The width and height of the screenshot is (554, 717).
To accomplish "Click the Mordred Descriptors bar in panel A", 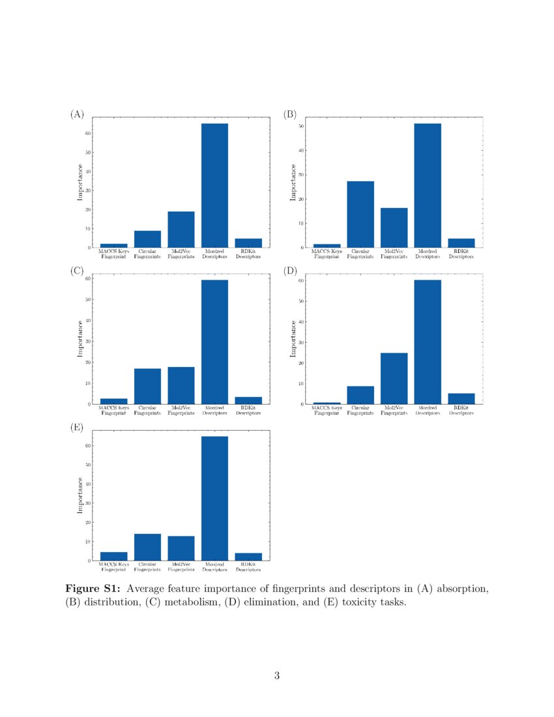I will pos(214,185).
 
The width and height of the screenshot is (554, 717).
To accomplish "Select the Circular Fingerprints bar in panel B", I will pos(360,214).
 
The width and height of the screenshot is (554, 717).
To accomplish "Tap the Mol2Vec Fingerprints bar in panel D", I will pos(394,378).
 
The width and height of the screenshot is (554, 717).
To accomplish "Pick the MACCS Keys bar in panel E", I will pos(114,556).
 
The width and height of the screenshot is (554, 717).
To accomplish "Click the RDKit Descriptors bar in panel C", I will pos(248,400).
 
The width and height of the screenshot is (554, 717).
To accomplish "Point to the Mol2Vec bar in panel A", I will pos(181,229).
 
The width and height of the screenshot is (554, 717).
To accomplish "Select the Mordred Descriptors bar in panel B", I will pos(428,185).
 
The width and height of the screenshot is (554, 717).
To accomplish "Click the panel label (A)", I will pos(77,114).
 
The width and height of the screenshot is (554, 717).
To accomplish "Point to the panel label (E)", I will pos(77,428).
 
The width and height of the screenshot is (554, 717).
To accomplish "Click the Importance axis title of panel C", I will pos(80,339).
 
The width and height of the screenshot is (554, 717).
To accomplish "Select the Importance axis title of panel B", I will pos(293,183).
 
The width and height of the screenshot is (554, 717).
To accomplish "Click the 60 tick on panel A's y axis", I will pos(87,134).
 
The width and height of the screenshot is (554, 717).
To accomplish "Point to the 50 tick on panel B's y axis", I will pos(300,126).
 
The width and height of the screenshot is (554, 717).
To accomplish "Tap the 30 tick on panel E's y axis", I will pos(87,503).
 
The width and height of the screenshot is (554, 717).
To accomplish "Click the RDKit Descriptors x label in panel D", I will pos(461,410).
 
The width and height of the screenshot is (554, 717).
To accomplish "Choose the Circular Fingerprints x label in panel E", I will pos(147,566).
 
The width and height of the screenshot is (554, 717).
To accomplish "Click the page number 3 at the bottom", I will pos(277,676).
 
